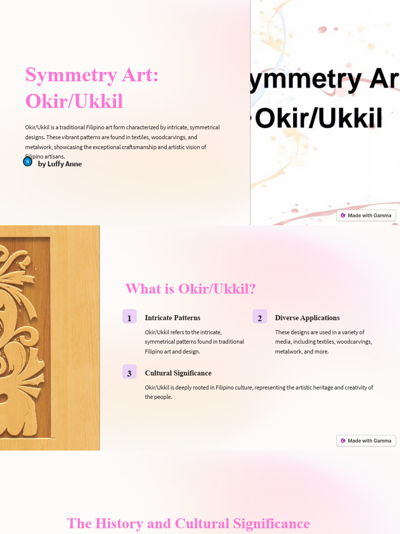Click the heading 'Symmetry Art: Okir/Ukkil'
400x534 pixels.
pos(92,88)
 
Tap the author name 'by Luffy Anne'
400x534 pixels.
pos(60,164)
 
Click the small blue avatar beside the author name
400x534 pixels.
pos(28,162)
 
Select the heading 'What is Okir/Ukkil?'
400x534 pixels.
pos(190,288)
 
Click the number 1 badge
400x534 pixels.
pos(129,317)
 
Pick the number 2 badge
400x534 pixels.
pos(259,317)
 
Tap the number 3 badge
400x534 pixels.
pos(129,372)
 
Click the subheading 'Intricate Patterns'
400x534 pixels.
pos(172,318)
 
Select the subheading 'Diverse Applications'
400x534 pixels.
pos(307,318)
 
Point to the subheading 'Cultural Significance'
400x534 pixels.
pos(178,373)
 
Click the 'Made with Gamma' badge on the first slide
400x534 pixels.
pos(366,215)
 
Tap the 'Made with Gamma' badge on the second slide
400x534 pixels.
pos(366,441)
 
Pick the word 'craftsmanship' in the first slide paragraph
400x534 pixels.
pos(137,147)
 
